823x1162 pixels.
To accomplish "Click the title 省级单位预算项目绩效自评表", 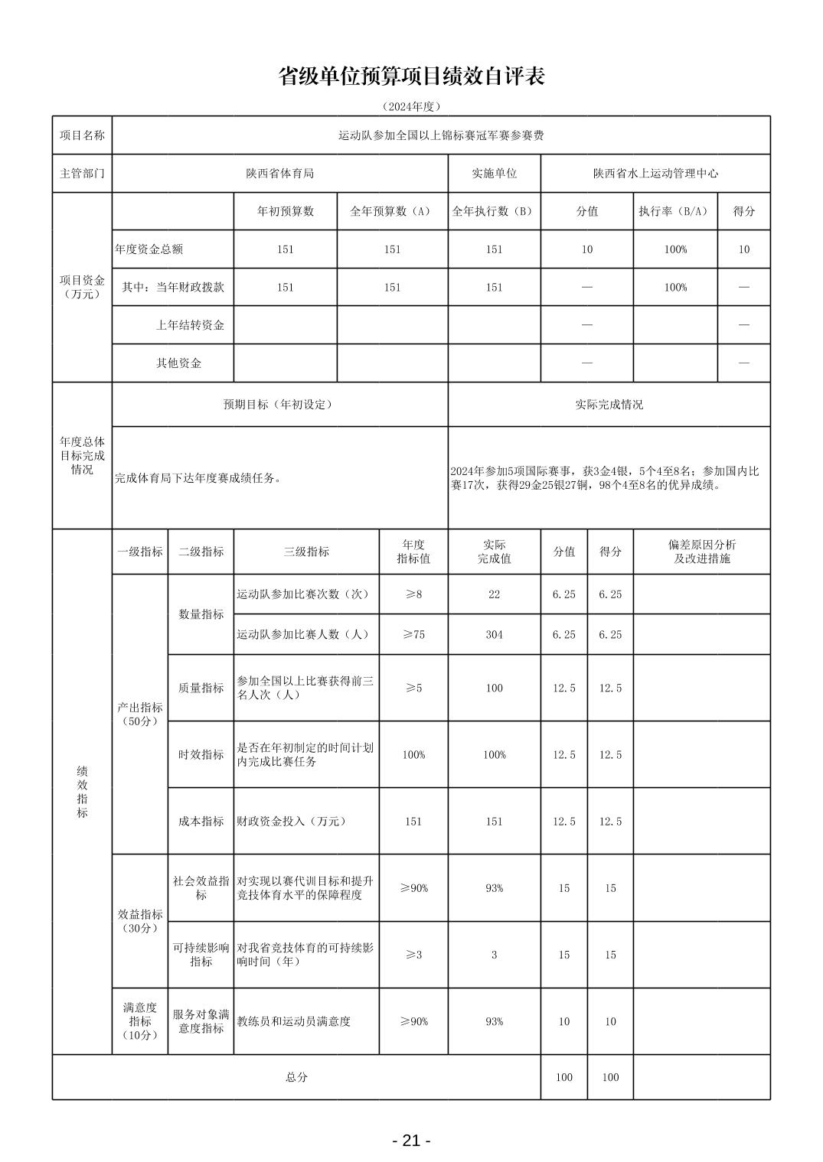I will [411, 76].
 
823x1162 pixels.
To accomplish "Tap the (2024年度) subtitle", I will [411, 106].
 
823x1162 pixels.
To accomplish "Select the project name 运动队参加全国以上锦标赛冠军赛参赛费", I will [441, 135].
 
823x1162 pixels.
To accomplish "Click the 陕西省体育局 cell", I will [279, 174].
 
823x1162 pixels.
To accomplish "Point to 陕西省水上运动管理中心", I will [655, 174].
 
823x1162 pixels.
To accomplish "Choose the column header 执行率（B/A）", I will [674, 212].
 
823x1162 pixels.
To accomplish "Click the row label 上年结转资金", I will [190, 325].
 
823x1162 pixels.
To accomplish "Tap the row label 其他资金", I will [179, 363].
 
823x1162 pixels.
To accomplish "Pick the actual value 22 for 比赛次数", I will [494, 594].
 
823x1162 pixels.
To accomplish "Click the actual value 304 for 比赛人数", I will [494, 635].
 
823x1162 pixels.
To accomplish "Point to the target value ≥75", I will [413, 635].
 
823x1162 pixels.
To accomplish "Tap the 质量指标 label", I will [201, 688].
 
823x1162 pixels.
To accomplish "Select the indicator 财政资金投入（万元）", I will [292, 822].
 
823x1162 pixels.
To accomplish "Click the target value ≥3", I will [413, 955].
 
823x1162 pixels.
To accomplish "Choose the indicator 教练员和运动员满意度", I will [293, 1021].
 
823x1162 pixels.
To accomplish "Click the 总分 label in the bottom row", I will [296, 1077].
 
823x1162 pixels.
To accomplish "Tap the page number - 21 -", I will [411, 1141].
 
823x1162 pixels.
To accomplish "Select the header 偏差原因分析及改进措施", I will [701, 552].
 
